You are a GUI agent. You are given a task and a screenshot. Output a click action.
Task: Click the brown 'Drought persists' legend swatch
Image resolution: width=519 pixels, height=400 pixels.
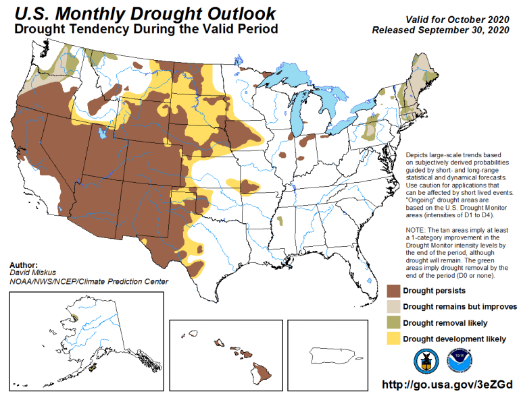[393, 291]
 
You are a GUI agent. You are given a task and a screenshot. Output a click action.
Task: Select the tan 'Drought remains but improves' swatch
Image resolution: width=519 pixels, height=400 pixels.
[393, 306]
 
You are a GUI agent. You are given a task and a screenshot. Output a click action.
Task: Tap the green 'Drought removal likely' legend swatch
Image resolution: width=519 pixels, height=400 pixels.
[393, 322]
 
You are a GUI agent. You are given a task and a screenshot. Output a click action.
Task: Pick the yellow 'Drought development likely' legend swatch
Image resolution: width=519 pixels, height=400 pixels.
[393, 338]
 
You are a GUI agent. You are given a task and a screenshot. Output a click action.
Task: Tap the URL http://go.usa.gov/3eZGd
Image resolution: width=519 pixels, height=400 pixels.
[447, 384]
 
